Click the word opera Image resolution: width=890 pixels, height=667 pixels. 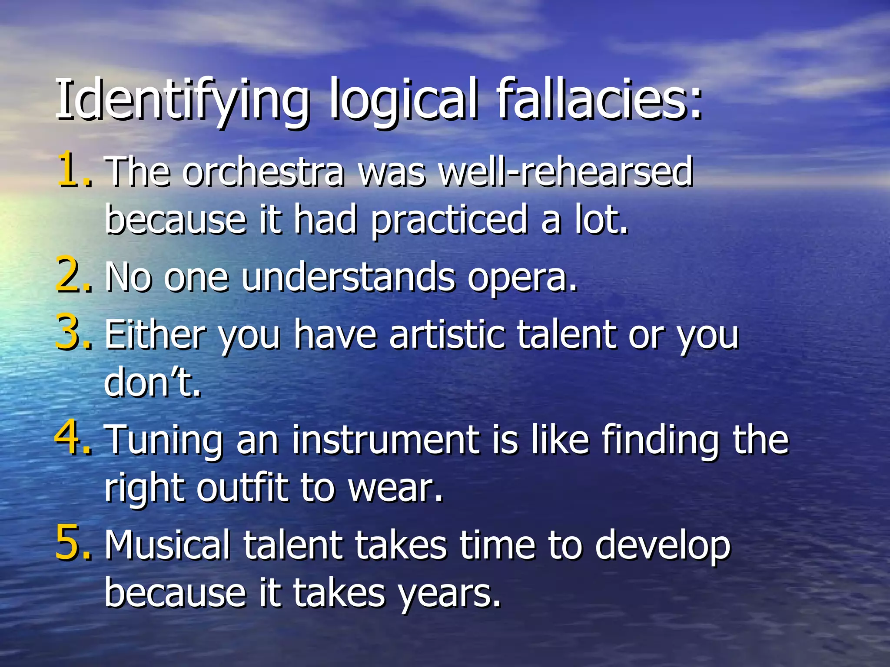click(x=521, y=278)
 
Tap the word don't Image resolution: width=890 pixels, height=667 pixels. click(x=152, y=382)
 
